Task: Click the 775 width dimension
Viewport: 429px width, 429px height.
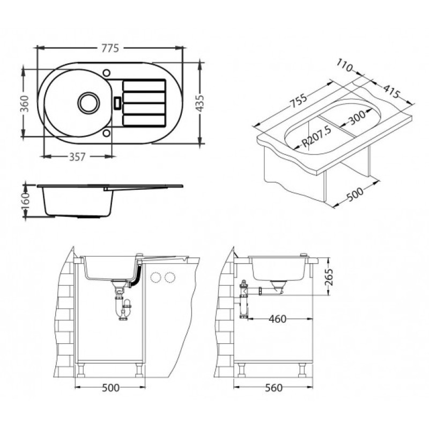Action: [x=110, y=48]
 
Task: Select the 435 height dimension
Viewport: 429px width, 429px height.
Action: [x=200, y=103]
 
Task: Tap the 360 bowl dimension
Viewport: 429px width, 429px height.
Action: [x=25, y=103]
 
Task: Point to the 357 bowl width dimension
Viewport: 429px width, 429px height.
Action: [x=77, y=157]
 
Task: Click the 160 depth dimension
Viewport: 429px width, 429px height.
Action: [x=25, y=201]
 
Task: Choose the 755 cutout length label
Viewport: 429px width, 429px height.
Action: [x=298, y=101]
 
